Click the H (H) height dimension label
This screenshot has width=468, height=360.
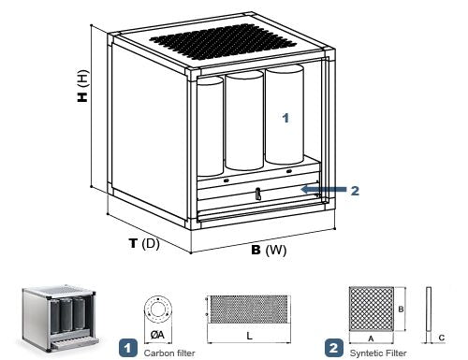click(x=83, y=86)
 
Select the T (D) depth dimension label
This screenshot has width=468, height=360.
click(x=144, y=243)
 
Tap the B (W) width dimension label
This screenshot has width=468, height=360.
click(x=269, y=250)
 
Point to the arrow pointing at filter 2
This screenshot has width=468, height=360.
click(x=324, y=189)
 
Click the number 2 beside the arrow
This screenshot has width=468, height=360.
click(x=355, y=191)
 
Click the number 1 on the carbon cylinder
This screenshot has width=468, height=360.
click(x=285, y=118)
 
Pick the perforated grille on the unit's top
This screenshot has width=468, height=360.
click(x=223, y=42)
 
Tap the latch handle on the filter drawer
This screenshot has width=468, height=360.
click(x=257, y=194)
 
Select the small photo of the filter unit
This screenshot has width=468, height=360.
click(x=59, y=318)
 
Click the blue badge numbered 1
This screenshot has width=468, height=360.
click(x=128, y=348)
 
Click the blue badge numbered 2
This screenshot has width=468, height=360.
click(x=334, y=348)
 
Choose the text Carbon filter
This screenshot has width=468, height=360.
click(x=169, y=353)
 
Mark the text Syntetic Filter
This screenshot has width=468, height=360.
click(x=378, y=353)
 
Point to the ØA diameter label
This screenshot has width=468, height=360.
click(x=157, y=335)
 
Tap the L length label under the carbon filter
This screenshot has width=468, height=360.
click(x=249, y=336)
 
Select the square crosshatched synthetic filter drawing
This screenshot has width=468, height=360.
click(x=372, y=309)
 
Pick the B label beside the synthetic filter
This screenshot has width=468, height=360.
click(x=401, y=310)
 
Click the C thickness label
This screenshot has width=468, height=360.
click(x=442, y=338)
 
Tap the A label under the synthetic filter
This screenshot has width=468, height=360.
click(x=371, y=338)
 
